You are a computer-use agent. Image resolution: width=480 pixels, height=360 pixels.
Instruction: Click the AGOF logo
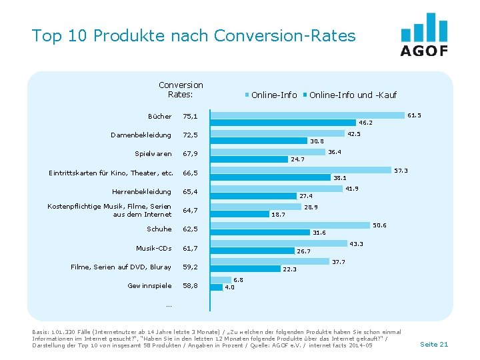424,35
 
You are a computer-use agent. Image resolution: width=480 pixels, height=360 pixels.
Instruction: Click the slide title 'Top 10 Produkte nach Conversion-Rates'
193,35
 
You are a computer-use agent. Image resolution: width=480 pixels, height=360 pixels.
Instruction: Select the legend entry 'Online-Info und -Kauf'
353,95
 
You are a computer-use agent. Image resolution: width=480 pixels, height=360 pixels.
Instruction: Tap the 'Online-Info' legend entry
274,95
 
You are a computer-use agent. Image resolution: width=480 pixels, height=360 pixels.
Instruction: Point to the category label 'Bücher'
160,117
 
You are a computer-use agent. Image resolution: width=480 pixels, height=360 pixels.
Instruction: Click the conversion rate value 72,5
190,135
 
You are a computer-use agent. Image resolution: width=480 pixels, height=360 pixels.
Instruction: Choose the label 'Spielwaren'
153,154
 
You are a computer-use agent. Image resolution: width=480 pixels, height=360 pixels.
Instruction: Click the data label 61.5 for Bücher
414,115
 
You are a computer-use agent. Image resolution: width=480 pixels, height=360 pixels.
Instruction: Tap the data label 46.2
365,123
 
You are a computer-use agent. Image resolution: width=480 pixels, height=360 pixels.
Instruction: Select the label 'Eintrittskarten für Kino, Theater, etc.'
111,173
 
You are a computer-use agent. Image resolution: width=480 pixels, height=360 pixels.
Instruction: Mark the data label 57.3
401,171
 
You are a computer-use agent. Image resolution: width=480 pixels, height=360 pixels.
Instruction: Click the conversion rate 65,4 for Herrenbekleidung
190,192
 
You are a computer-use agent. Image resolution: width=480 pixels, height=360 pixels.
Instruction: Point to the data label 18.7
278,215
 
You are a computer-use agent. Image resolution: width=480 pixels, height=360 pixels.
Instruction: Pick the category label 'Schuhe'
159,229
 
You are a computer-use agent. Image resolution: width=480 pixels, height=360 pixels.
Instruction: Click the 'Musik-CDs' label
154,248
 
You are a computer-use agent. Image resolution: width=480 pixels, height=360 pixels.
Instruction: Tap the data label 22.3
289,269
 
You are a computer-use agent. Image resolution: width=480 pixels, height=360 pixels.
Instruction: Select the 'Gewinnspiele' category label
150,285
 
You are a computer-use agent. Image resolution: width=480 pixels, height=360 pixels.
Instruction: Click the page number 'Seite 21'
434,344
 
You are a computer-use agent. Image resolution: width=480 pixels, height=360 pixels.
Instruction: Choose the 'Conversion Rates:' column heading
181,89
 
